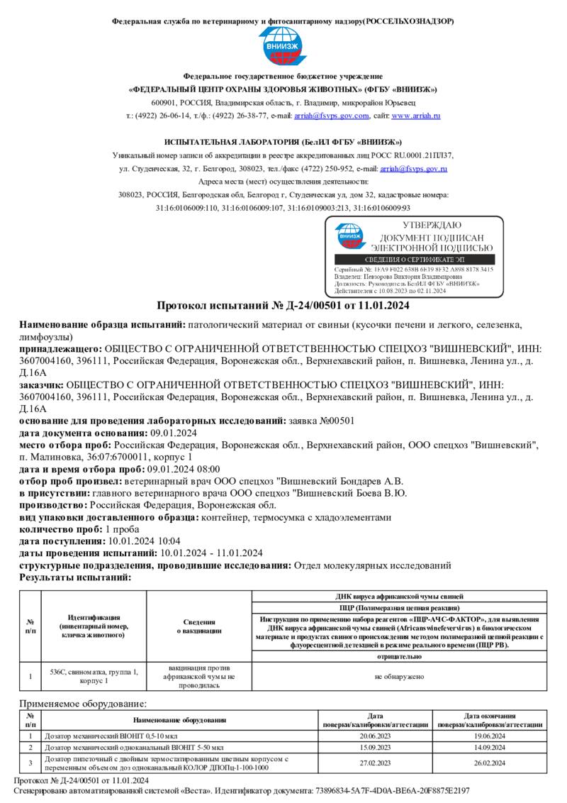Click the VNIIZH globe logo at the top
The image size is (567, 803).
(283, 47)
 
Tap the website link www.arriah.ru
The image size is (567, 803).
(416, 115)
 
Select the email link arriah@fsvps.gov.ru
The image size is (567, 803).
(413, 169)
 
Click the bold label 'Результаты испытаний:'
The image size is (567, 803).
(75, 577)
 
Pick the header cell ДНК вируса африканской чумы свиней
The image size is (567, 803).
(399, 597)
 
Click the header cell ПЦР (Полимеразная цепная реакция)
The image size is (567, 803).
(399, 608)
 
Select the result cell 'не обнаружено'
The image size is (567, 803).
(399, 677)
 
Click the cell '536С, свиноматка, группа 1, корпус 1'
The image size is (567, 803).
(94, 676)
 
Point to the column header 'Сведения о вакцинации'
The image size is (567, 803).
(199, 626)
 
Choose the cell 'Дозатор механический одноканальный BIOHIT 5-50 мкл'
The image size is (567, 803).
(135, 748)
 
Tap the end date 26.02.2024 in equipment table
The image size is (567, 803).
(490, 763)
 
